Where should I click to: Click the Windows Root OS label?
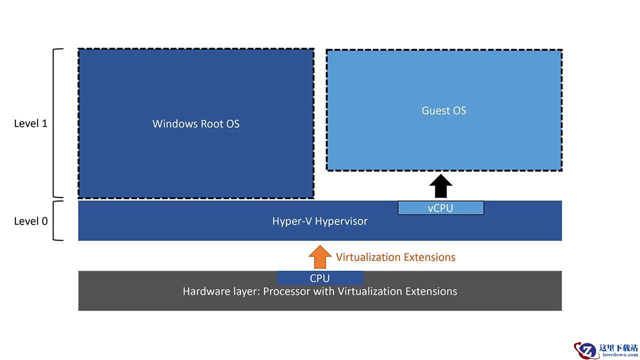195,123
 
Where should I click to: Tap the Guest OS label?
443,110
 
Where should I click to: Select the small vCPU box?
440,207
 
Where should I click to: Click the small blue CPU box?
320,278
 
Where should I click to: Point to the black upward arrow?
440,186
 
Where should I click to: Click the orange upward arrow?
320,257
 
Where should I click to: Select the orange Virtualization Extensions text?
395,257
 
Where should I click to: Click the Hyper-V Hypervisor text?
319,221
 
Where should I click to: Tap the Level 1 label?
31,123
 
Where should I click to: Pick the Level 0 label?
31,221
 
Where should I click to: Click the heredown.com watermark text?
620,355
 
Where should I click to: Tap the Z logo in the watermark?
586,350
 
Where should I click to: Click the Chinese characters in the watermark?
618,347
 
